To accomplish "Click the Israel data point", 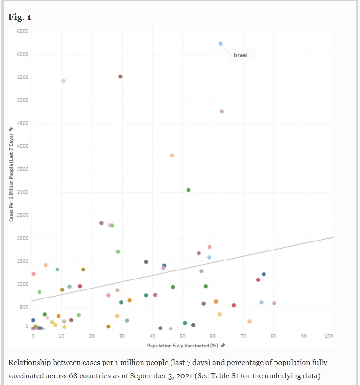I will [221, 44].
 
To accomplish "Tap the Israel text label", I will [240, 56].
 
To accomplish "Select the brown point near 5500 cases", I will [120, 77].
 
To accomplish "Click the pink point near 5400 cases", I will [63, 81].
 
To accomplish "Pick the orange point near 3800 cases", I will [172, 155].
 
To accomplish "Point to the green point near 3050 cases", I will [189, 190].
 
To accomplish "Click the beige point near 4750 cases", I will [222, 112].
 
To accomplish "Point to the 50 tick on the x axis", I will [183, 337].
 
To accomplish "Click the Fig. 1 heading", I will [20, 18].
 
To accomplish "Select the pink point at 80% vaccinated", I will [274, 303].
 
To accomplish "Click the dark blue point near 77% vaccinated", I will [264, 274].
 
